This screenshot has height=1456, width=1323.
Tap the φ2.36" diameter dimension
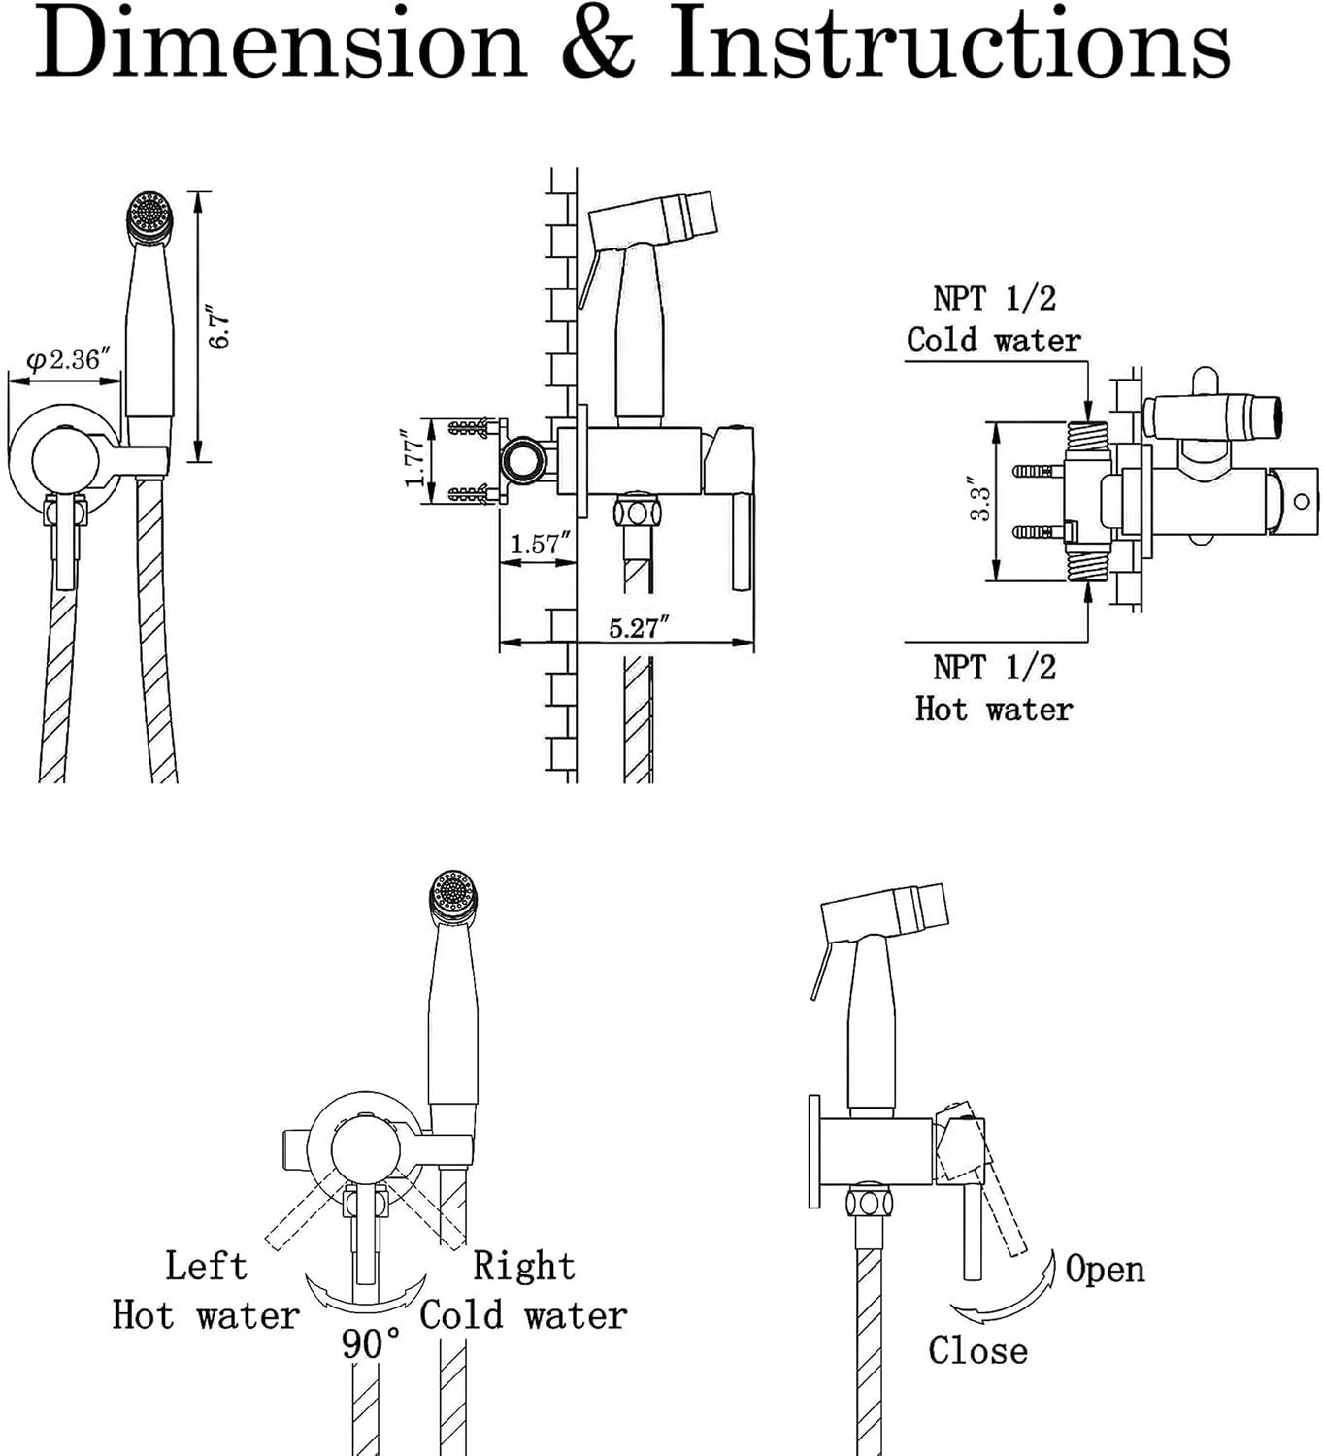(68, 359)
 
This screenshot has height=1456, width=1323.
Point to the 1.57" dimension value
(540, 544)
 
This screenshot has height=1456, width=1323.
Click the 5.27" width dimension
(639, 628)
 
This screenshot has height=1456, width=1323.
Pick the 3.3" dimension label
(979, 499)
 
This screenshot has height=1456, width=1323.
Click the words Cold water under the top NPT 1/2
(993, 340)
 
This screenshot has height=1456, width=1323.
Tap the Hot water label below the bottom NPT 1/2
(993, 710)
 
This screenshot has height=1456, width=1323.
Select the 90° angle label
(371, 1343)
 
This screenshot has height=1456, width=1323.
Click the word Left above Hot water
(206, 1266)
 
